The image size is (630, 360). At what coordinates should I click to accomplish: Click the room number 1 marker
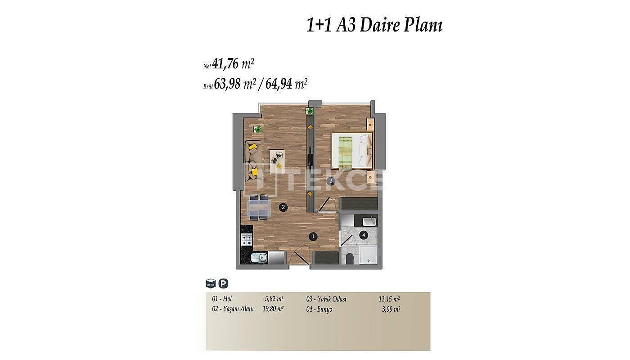pyautogui.click(x=313, y=237)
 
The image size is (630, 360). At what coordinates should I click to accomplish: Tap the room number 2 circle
pyautogui.click(x=283, y=207)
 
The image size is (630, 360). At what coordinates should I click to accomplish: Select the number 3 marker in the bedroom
pyautogui.click(x=331, y=181)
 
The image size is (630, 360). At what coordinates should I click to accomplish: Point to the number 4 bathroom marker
pyautogui.click(x=364, y=235)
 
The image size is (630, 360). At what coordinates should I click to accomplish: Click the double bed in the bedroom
pyautogui.click(x=352, y=151)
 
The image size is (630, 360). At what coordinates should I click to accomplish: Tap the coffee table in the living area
pyautogui.click(x=277, y=162)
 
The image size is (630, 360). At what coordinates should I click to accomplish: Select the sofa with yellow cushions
pyautogui.click(x=254, y=161)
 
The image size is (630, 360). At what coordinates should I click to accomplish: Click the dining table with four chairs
pyautogui.click(x=259, y=207)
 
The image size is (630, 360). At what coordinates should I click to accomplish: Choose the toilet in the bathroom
pyautogui.click(x=349, y=259)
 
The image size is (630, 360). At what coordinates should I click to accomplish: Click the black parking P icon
pyautogui.click(x=224, y=283)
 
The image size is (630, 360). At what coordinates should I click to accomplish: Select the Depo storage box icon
pyautogui.click(x=211, y=283)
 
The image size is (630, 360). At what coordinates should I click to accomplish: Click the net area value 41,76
pyautogui.click(x=225, y=64)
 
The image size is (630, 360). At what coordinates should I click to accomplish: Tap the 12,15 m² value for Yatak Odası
pyautogui.click(x=389, y=299)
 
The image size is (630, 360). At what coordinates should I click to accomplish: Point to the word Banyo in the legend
pyautogui.click(x=324, y=310)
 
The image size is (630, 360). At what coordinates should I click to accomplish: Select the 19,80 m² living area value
pyautogui.click(x=273, y=309)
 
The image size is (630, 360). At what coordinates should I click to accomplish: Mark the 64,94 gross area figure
pyautogui.click(x=279, y=84)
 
